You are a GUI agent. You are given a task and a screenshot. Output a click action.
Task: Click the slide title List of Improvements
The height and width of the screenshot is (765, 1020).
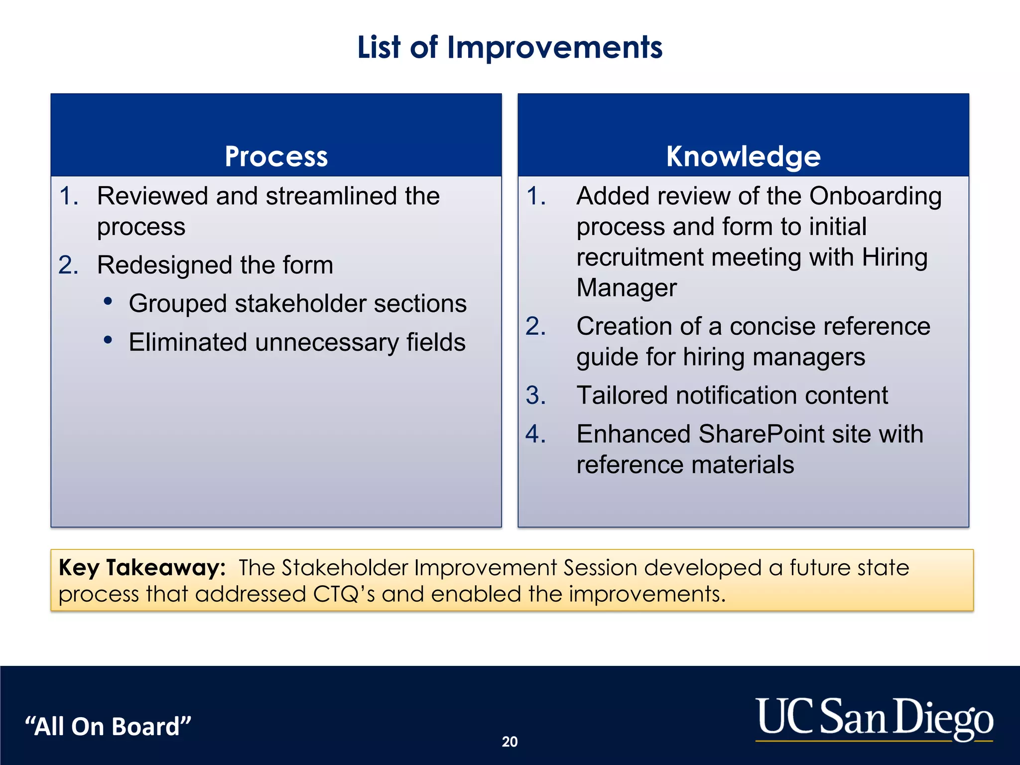click(x=510, y=47)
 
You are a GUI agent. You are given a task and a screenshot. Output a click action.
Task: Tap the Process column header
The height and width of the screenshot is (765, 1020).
click(x=276, y=156)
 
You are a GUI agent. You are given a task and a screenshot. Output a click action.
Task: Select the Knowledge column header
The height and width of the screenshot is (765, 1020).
click(x=743, y=156)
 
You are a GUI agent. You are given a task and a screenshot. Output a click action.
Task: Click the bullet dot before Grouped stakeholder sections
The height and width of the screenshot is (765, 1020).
click(x=108, y=301)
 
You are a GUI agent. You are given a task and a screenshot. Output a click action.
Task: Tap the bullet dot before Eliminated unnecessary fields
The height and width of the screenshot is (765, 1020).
click(x=108, y=340)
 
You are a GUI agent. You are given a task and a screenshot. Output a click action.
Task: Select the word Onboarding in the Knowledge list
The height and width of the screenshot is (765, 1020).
click(x=875, y=196)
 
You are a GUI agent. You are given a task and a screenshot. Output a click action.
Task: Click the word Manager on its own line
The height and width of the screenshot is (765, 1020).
click(x=626, y=288)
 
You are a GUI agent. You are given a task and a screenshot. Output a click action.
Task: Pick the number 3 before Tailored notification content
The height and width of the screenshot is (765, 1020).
click(x=535, y=395)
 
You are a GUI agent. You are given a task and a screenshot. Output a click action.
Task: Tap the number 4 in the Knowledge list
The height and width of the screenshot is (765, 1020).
click(x=535, y=434)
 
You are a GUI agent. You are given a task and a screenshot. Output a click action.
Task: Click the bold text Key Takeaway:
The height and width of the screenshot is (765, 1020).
click(x=142, y=568)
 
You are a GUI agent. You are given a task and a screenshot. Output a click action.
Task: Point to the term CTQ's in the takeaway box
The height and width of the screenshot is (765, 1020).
click(x=344, y=594)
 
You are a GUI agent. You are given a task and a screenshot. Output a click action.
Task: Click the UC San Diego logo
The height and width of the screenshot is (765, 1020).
click(x=874, y=718)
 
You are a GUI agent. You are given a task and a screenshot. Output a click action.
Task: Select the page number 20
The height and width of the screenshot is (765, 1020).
click(x=510, y=742)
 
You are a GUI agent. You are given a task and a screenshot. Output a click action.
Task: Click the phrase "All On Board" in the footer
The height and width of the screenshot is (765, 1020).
click(x=108, y=726)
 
